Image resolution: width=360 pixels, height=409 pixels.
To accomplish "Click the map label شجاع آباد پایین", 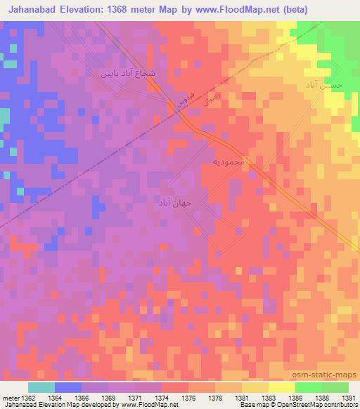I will [126, 72].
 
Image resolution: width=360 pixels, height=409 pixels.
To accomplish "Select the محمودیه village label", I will [228, 162].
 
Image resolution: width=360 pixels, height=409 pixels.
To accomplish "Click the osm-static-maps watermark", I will [328, 375].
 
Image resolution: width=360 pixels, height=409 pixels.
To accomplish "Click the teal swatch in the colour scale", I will [41, 387].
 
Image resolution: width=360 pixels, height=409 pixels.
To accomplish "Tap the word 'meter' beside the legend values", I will [10, 398].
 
